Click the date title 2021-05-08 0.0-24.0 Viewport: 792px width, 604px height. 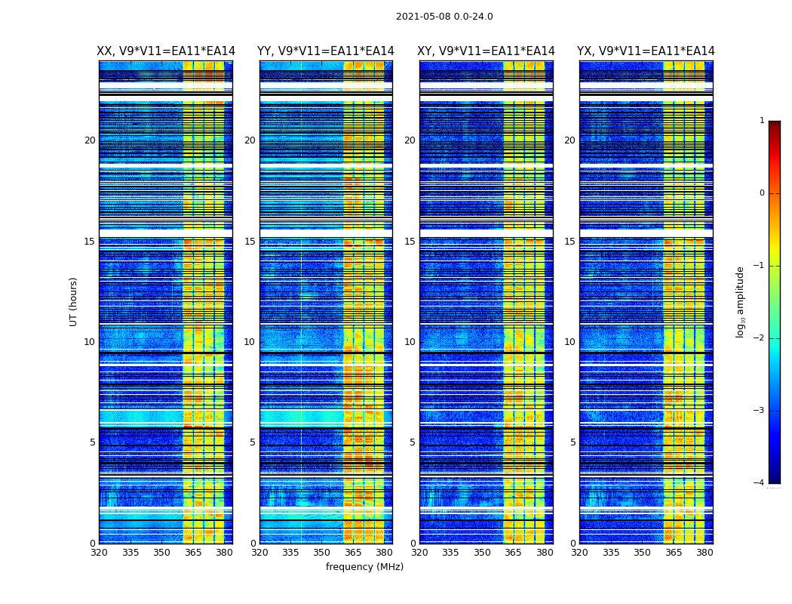pyautogui.click(x=444, y=17)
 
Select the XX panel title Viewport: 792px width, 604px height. pyautogui.click(x=166, y=51)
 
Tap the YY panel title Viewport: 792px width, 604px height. pyautogui.click(x=326, y=51)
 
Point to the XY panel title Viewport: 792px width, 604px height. pyautogui.click(x=486, y=51)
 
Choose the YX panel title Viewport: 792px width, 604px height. pyautogui.click(x=646, y=51)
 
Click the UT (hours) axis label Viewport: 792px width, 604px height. pyautogui.click(x=74, y=301)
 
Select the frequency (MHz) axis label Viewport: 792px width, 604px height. pyautogui.click(x=364, y=567)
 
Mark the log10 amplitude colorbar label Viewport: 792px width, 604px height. pyautogui.click(x=741, y=301)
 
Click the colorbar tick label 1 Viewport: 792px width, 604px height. pyautogui.click(x=761, y=121)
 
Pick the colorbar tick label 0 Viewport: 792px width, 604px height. pyautogui.click(x=761, y=193)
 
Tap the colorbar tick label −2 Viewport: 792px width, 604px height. pyautogui.click(x=760, y=338)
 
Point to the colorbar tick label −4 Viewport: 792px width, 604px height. pyautogui.click(x=760, y=483)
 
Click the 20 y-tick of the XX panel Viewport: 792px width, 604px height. pyautogui.click(x=90, y=140)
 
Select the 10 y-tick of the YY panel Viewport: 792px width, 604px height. pyautogui.click(x=250, y=342)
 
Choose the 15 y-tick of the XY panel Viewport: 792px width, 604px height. pyautogui.click(x=410, y=242)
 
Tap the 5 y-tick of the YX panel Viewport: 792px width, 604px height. pyautogui.click(x=573, y=442)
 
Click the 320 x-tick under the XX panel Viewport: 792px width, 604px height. pyautogui.click(x=99, y=553)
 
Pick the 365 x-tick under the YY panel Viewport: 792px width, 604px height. pyautogui.click(x=353, y=553)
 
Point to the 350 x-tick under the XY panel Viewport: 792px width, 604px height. pyautogui.click(x=482, y=553)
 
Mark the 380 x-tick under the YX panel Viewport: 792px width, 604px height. pyautogui.click(x=705, y=553)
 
